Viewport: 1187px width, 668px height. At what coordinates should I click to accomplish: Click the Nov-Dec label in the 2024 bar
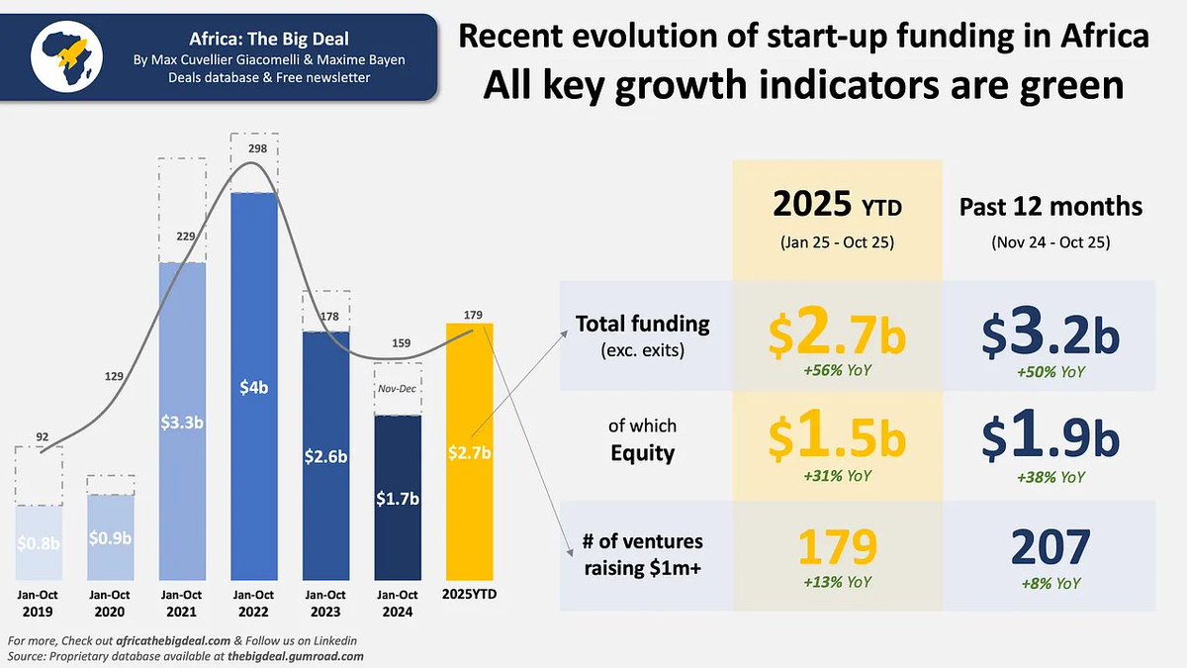tap(399, 388)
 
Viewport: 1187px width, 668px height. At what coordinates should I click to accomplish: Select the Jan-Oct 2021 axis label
tap(181, 603)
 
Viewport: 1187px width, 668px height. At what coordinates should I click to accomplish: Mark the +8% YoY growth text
tap(1052, 584)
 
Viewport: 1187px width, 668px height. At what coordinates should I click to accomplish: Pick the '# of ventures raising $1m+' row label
tap(642, 553)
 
